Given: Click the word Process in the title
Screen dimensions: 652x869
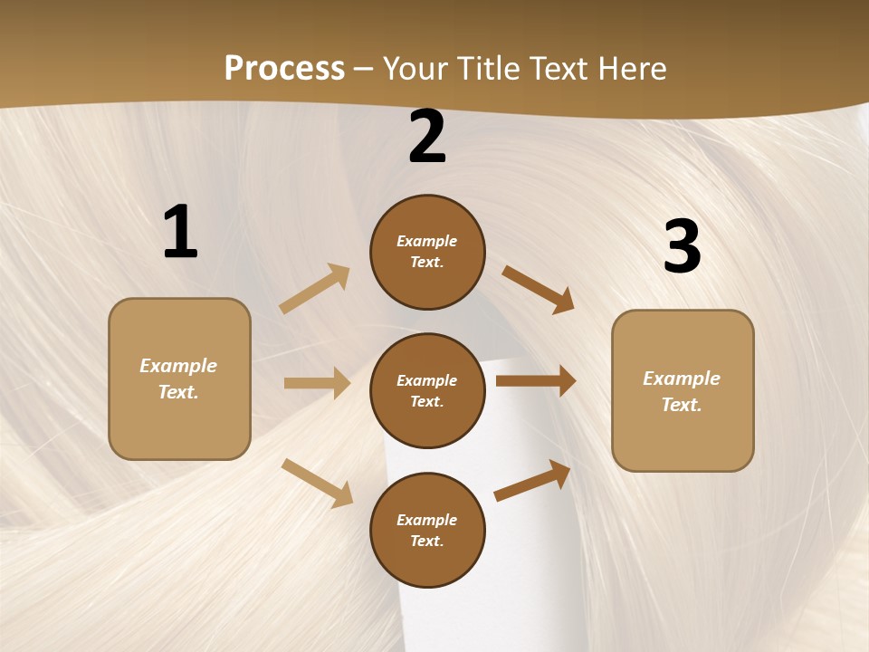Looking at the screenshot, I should click(x=284, y=68).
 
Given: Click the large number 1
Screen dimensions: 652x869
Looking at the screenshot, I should click(x=179, y=232).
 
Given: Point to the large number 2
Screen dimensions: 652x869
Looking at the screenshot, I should click(x=427, y=138).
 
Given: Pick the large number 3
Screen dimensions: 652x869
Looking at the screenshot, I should click(x=682, y=246).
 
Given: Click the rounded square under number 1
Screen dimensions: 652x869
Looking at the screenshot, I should click(x=179, y=379).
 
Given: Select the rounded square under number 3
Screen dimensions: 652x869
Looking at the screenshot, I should click(x=683, y=390).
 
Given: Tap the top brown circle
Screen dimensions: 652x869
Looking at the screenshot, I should click(x=427, y=252).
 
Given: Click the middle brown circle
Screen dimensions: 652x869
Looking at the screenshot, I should click(x=427, y=390).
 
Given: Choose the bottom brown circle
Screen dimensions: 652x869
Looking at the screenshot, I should click(x=427, y=530).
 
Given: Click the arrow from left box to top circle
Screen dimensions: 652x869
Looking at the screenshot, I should click(x=315, y=289).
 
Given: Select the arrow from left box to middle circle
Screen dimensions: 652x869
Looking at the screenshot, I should click(x=317, y=383).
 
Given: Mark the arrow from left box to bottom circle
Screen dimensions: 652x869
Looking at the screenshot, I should click(x=317, y=483).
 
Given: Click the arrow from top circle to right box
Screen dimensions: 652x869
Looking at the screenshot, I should click(x=538, y=289).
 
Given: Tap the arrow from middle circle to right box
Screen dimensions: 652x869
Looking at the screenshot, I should click(x=535, y=381).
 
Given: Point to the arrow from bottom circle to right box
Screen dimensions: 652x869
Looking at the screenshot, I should click(x=532, y=480).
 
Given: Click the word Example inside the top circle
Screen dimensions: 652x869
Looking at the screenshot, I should click(x=427, y=242).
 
